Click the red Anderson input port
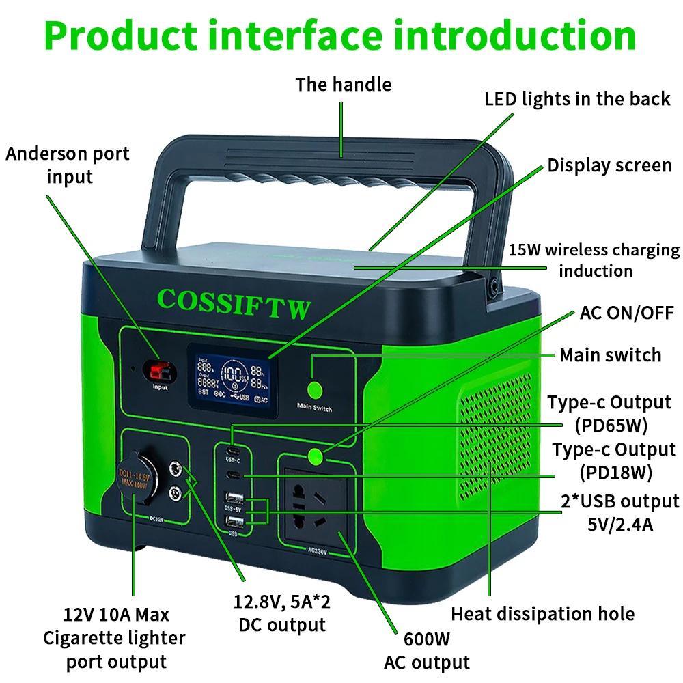tap(156, 372)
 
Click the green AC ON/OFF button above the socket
tap(315, 456)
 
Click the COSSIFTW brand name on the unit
tap(234, 304)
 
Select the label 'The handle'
tap(343, 85)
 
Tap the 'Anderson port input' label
tap(68, 165)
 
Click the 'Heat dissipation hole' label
tap(543, 614)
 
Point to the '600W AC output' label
tap(427, 652)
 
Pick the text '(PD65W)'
tap(611, 426)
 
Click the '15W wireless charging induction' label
tap(594, 260)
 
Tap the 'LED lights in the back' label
tap(577, 99)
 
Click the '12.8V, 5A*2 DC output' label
tap(283, 614)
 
